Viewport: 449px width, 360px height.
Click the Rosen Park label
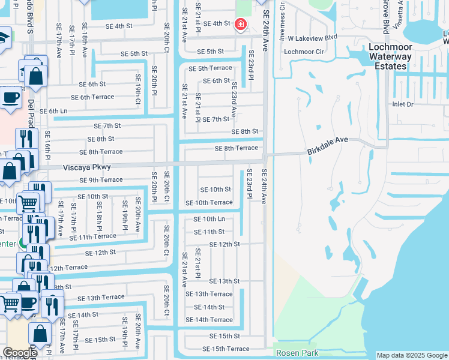click(297, 353)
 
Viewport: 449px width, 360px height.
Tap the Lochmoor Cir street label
click(304, 52)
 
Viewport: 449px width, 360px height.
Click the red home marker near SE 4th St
click(241, 24)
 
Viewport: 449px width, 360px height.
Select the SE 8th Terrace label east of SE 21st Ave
click(237, 148)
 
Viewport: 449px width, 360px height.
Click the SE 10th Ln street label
click(209, 219)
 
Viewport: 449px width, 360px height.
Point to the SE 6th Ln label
click(54, 111)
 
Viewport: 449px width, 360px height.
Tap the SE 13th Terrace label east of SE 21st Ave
click(209, 294)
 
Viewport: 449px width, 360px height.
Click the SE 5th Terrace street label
click(210, 68)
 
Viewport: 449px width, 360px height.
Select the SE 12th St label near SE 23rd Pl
click(224, 244)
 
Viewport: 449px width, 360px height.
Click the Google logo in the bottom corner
click(20, 353)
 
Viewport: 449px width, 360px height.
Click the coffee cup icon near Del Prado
click(11, 96)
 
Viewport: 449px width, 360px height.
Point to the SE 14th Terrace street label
click(209, 320)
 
